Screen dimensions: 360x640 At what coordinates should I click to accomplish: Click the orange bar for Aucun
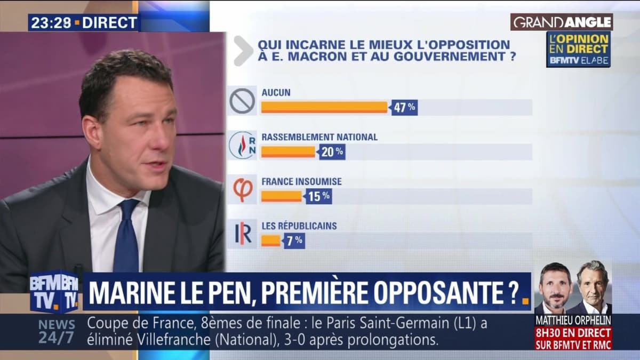[324, 107]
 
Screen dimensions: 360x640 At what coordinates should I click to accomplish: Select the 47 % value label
[404, 107]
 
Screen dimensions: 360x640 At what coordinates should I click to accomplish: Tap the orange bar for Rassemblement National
[288, 152]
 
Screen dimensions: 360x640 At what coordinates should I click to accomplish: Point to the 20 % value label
[332, 152]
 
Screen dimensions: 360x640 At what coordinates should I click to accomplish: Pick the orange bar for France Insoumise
[281, 196]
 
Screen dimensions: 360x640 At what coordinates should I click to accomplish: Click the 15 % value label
[318, 196]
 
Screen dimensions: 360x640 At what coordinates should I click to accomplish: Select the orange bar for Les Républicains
[270, 241]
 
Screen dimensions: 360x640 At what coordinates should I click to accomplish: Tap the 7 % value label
[294, 241]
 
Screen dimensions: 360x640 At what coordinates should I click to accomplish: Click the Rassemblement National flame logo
[242, 145]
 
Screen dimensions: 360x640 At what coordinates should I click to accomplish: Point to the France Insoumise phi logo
[242, 189]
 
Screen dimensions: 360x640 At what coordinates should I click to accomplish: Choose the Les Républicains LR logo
[242, 234]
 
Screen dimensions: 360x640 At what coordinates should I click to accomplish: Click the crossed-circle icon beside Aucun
[242, 101]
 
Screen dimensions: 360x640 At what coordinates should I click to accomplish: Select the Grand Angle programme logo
[562, 22]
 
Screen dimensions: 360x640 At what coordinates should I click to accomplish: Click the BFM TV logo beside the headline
[54, 292]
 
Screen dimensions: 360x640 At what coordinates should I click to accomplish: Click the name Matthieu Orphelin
[573, 320]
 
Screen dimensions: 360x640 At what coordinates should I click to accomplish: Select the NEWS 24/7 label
[57, 331]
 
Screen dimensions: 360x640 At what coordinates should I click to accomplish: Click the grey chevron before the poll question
[243, 51]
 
